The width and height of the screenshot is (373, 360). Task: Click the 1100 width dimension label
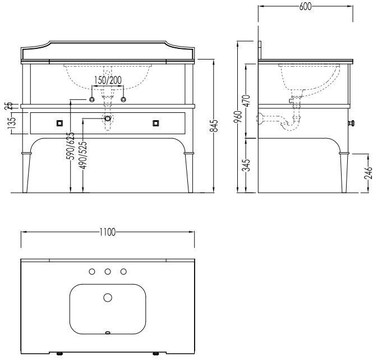tap(108, 232)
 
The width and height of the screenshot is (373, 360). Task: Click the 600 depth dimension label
tap(305, 7)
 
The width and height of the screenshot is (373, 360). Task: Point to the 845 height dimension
tap(214, 126)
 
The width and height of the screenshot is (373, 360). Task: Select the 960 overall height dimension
tap(238, 116)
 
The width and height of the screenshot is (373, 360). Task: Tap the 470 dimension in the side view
tap(247, 101)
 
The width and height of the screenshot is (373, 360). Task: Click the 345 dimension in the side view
tap(247, 165)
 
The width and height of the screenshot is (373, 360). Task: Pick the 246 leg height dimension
tap(368, 173)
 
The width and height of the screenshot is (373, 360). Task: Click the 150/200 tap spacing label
tap(108, 80)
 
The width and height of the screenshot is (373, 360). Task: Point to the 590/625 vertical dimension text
tap(71, 145)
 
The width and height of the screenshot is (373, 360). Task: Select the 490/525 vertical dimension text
tap(83, 156)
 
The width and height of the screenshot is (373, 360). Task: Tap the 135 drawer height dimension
tap(11, 122)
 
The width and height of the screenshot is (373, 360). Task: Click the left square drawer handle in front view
tap(59, 123)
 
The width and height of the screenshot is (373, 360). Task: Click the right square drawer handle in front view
tap(155, 123)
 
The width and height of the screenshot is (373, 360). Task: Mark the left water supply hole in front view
tap(92, 99)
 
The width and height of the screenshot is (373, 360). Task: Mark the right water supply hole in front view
tap(123, 99)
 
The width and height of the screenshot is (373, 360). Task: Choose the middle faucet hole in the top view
tap(108, 271)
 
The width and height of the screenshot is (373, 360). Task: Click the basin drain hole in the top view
tap(108, 298)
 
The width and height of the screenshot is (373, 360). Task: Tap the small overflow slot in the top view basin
tap(108, 332)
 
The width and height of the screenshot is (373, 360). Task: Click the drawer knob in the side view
tap(351, 123)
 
